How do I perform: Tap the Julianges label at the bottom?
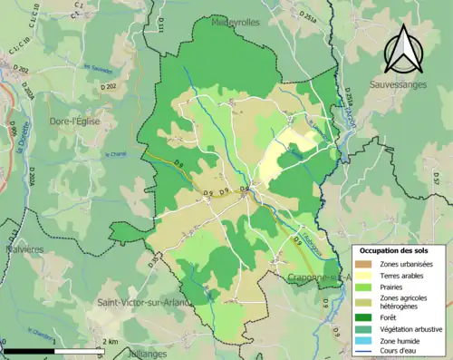pos(130,355)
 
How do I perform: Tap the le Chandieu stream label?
pos(118,154)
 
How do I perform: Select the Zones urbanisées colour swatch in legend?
pos(367,262)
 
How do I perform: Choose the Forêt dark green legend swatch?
pos(367,316)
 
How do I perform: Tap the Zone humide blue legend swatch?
pos(367,341)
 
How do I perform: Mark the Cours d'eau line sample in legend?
pos(367,353)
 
